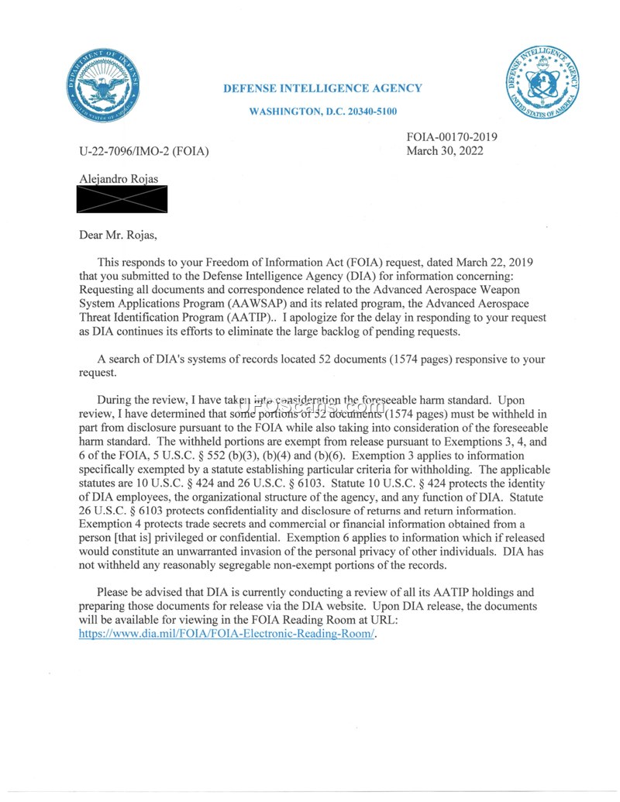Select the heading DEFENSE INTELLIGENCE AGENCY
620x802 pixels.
click(322, 88)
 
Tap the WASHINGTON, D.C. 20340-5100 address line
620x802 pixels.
click(322, 112)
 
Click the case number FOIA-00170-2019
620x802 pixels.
click(452, 137)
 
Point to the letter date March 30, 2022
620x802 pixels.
click(445, 150)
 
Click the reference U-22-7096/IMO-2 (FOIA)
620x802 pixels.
click(144, 150)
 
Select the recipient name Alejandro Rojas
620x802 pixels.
click(118, 179)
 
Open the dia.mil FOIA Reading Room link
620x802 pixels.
click(226, 632)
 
